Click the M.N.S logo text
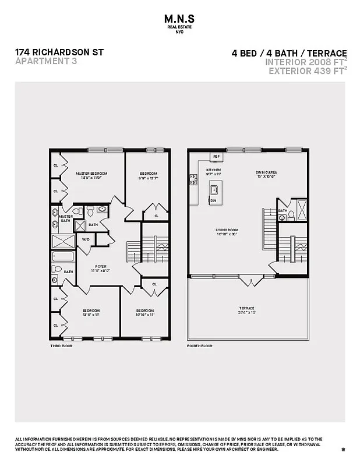pyautogui.click(x=180, y=19)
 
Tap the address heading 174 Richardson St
pyautogui.click(x=59, y=52)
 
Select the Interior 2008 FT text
pyautogui.click(x=304, y=62)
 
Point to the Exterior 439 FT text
pyautogui.click(x=306, y=71)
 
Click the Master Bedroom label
pyautogui.click(x=92, y=174)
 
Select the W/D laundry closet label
pyautogui.click(x=86, y=239)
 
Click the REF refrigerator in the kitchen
pyautogui.click(x=216, y=157)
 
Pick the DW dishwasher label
pyautogui.click(x=213, y=200)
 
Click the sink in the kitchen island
pyautogui.click(x=214, y=189)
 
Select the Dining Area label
pyautogui.click(x=266, y=173)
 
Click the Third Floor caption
pyautogui.click(x=61, y=346)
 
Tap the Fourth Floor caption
pyautogui.click(x=200, y=346)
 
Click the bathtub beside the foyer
pyautogui.click(x=63, y=256)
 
